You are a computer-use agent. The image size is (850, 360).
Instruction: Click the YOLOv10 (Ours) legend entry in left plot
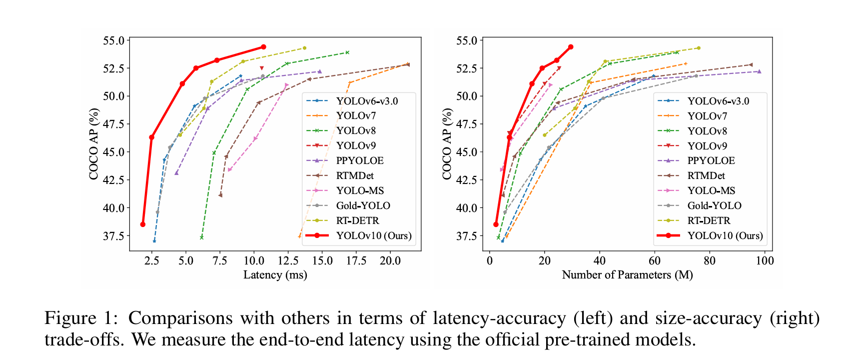point(373,235)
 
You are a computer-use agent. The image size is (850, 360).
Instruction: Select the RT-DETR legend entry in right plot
point(709,220)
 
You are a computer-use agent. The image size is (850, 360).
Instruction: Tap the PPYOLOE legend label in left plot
point(360,160)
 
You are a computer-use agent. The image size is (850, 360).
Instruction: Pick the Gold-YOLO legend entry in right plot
point(714,205)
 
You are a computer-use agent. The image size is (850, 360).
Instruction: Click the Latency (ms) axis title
point(275,274)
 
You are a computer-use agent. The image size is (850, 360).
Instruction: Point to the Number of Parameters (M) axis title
point(627,274)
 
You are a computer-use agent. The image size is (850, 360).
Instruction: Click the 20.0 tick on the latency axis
point(390,260)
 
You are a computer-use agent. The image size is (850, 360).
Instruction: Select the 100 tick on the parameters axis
point(765,260)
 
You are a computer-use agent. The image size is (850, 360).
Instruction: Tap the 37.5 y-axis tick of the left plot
point(113,235)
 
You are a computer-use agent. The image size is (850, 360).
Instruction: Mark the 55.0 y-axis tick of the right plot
point(467,40)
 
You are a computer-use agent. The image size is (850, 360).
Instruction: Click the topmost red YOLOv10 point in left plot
point(263,47)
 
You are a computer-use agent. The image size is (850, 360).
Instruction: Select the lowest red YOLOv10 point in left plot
point(143,224)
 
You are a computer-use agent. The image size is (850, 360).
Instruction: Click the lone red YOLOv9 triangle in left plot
point(261,68)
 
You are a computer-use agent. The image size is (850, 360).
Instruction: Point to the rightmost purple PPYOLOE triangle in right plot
point(759,71)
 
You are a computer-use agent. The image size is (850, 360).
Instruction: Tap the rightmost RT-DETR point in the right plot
point(698,48)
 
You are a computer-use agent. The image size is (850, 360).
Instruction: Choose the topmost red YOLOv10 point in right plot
point(571,47)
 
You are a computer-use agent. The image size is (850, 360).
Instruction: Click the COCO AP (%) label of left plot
point(93,144)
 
